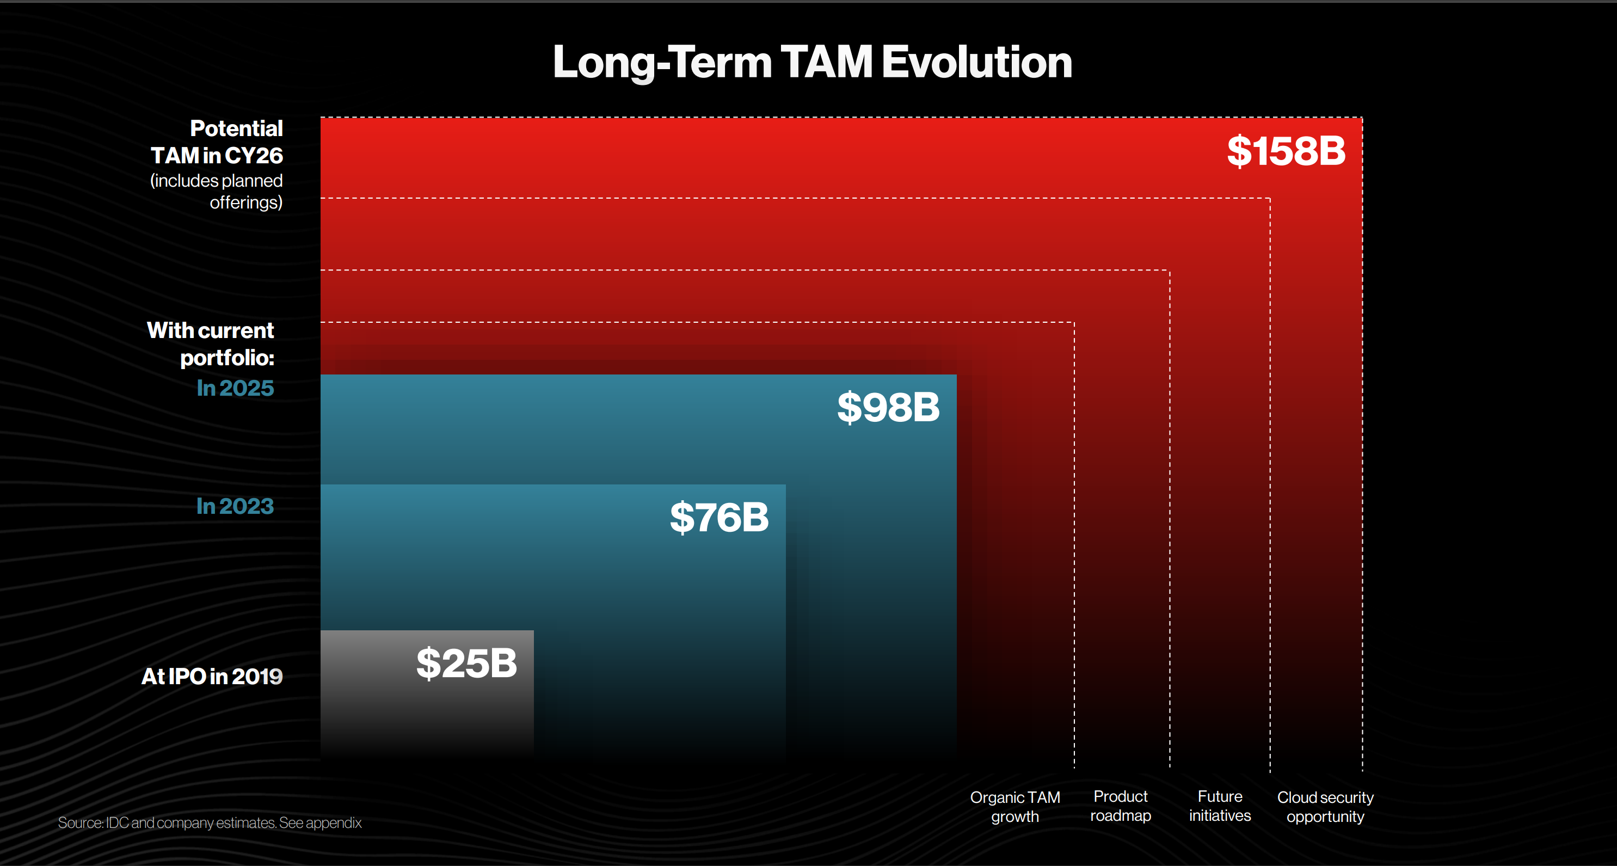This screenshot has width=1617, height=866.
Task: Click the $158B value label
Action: [x=1286, y=151]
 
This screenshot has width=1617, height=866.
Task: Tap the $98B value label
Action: [x=888, y=407]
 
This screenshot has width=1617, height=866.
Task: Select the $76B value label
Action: [x=719, y=518]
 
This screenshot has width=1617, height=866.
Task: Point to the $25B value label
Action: [x=466, y=663]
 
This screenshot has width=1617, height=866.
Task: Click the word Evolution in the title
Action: [x=977, y=62]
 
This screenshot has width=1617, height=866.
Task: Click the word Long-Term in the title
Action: [x=662, y=62]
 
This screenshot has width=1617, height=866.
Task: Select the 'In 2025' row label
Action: [x=236, y=388]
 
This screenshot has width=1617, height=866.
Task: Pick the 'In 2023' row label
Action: [x=236, y=506]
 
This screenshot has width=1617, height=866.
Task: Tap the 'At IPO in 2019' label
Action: [x=212, y=677]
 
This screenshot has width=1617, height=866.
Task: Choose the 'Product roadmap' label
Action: [x=1121, y=806]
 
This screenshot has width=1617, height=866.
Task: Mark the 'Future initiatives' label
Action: [x=1220, y=806]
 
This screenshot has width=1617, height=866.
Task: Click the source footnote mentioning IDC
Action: [x=210, y=822]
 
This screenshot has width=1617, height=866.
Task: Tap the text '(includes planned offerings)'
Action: [x=217, y=192]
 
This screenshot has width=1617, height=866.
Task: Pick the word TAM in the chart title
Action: [x=827, y=62]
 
